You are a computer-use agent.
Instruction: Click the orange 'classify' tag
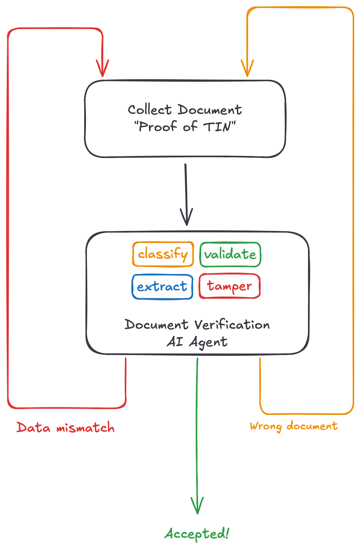pos(163,254)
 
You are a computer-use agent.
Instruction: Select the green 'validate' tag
pos(230,254)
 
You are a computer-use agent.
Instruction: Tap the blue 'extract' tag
pos(162,287)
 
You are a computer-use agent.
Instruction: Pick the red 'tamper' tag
pos(230,286)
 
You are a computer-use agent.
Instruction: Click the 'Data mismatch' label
pos(66,428)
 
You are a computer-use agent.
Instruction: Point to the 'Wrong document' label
pos(294,426)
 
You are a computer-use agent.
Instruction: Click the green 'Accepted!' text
pos(197,534)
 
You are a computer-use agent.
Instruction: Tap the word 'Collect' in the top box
pos(150,110)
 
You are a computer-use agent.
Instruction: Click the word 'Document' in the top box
pos(209,110)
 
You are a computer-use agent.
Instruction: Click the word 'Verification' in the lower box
pos(232,325)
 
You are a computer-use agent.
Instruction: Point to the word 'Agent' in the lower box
pos(208,342)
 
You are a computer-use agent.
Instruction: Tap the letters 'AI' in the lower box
pos(175,341)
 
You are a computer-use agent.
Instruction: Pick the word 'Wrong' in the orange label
pos(266,426)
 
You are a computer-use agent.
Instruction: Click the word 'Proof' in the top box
pos(158,127)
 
